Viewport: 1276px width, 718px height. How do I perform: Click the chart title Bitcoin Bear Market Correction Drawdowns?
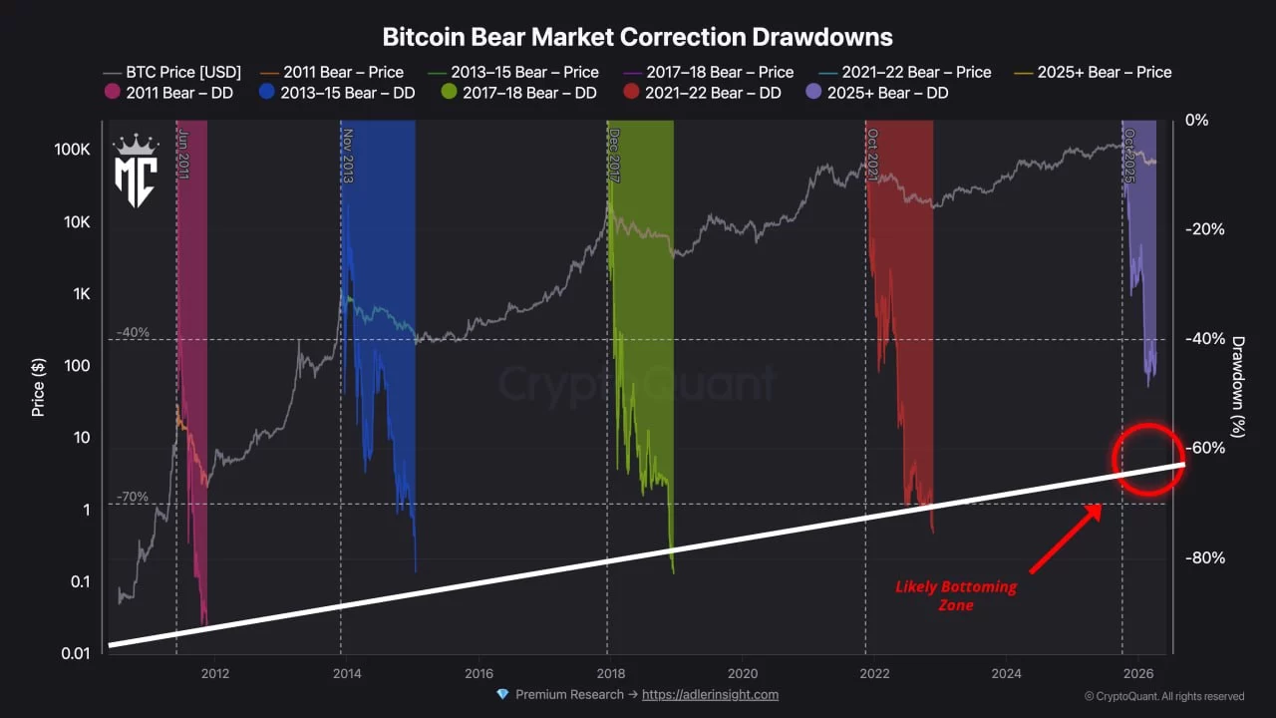(x=637, y=37)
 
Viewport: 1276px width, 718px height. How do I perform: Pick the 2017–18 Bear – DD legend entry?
(x=518, y=93)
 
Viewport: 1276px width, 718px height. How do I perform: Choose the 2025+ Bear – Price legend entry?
(x=1093, y=72)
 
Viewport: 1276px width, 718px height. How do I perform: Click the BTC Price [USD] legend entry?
(x=171, y=72)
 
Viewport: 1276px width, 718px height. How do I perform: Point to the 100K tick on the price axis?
(x=72, y=150)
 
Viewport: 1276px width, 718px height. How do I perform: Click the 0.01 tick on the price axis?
(x=75, y=653)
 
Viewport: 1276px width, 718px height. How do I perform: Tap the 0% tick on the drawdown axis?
(x=1196, y=120)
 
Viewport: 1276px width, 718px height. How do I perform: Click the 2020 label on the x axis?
(x=741, y=672)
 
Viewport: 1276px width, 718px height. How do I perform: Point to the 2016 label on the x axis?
(x=478, y=672)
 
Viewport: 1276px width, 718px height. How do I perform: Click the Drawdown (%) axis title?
(x=1238, y=386)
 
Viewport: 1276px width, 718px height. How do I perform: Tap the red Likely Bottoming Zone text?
(x=955, y=595)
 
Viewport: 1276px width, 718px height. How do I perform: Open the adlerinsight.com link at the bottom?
(x=710, y=694)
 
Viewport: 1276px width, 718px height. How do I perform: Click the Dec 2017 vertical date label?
(x=613, y=155)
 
